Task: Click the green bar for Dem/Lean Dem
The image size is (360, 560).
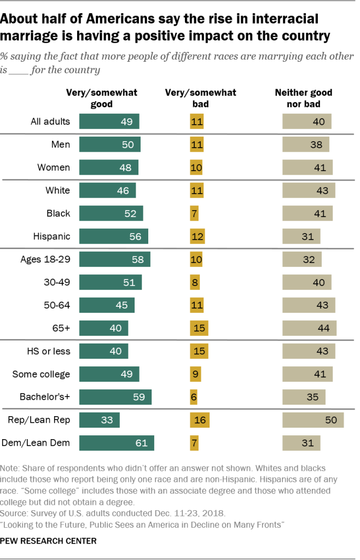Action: pos(117,442)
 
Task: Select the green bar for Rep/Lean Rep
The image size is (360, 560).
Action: pos(99,420)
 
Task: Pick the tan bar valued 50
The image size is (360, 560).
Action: pos(312,420)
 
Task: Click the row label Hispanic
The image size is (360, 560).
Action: pos(52,236)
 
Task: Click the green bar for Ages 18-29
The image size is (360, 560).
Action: pos(114,259)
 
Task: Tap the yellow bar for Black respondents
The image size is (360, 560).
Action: pos(194,213)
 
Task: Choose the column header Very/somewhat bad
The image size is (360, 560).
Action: pos(201,98)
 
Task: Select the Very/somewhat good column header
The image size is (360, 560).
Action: pos(102,98)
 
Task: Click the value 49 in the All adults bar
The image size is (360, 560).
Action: pos(126,121)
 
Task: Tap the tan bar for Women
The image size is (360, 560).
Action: pos(307,167)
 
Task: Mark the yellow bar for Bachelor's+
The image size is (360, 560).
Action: pos(194,396)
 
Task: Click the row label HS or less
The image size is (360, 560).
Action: pos(49,351)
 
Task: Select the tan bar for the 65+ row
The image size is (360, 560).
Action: pos(309,328)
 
